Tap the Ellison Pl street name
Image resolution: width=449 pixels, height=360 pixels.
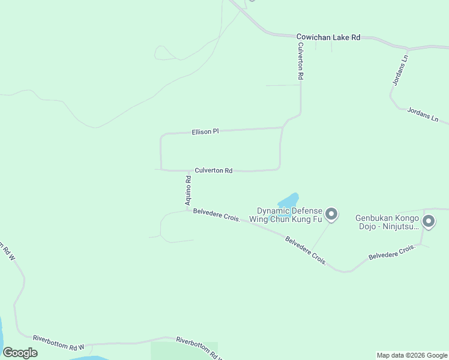(x=205, y=131)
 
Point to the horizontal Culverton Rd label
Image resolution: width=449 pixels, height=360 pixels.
(x=213, y=171)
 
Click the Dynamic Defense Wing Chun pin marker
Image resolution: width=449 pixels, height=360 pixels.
(x=331, y=214)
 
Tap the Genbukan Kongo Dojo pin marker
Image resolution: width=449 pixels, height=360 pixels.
(x=428, y=222)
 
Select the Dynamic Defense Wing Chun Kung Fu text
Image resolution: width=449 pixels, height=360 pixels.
(x=289, y=215)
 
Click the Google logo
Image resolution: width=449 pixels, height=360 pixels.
(x=20, y=353)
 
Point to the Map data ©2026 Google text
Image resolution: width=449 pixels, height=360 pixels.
(x=412, y=355)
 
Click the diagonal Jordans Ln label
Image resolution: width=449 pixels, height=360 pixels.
(x=423, y=115)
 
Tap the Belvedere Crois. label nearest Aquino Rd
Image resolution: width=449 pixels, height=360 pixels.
(x=217, y=215)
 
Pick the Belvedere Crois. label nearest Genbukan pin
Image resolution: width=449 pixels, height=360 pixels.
(x=392, y=252)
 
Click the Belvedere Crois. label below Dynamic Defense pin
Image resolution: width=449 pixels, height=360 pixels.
(x=306, y=251)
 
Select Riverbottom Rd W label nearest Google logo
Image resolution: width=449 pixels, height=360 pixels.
(x=58, y=342)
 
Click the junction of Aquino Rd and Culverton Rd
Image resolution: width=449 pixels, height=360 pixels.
(x=188, y=170)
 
